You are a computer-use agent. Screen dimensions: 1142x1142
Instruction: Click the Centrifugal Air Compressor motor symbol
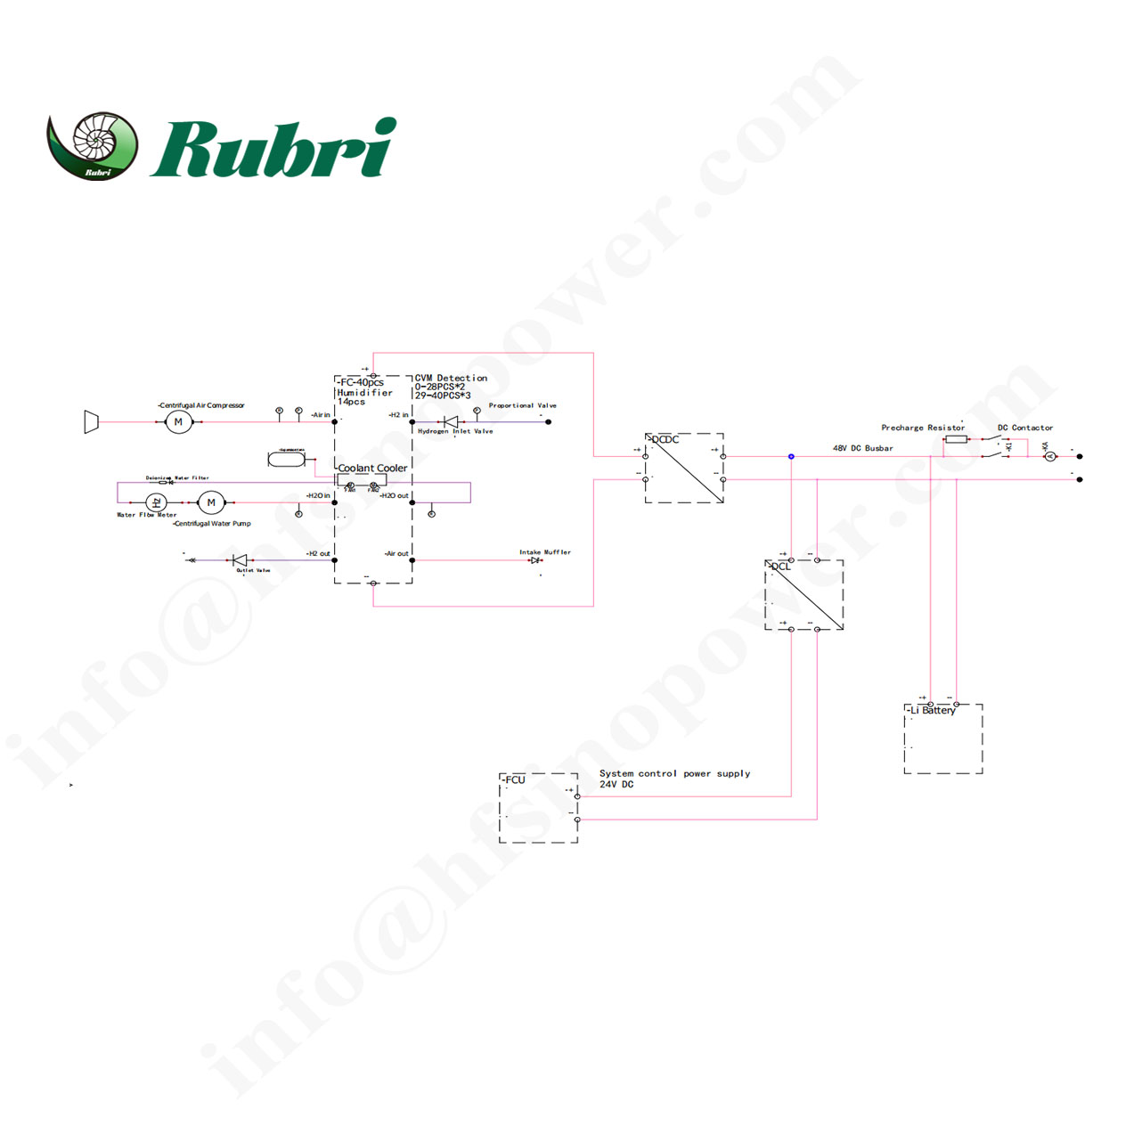178,422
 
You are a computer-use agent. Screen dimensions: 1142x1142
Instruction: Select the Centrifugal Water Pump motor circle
211,503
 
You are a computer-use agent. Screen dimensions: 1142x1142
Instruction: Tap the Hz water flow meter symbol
156,503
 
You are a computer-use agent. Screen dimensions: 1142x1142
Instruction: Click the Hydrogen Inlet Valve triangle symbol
451,421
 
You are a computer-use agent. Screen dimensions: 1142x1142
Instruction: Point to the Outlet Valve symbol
239,560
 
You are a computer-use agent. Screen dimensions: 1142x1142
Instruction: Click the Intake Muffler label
545,552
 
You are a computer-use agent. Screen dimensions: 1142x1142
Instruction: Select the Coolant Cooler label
372,468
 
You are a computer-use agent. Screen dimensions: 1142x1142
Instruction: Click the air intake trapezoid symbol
91,422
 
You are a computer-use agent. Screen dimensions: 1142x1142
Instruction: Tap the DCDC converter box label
665,439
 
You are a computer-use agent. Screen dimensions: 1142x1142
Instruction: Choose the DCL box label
780,567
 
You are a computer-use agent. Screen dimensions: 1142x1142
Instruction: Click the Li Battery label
933,710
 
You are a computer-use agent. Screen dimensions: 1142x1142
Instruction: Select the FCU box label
514,779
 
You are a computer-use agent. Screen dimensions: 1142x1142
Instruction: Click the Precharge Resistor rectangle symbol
956,439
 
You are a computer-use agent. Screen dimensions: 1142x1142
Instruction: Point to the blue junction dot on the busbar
791,457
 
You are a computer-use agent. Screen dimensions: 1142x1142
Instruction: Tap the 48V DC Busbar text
862,448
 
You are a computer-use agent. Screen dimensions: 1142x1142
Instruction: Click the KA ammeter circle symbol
1049,457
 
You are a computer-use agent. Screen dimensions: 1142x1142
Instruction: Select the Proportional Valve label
522,405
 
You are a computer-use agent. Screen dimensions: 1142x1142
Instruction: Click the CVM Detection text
451,378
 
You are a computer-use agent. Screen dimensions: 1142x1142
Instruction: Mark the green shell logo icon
94,145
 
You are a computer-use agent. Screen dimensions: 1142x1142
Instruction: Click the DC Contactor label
1024,428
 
